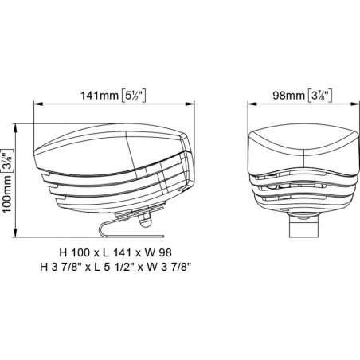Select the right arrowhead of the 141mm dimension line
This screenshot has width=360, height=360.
click(x=194, y=103)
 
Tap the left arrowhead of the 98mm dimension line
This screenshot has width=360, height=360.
click(x=249, y=103)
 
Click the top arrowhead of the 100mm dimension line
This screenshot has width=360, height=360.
click(x=18, y=125)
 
